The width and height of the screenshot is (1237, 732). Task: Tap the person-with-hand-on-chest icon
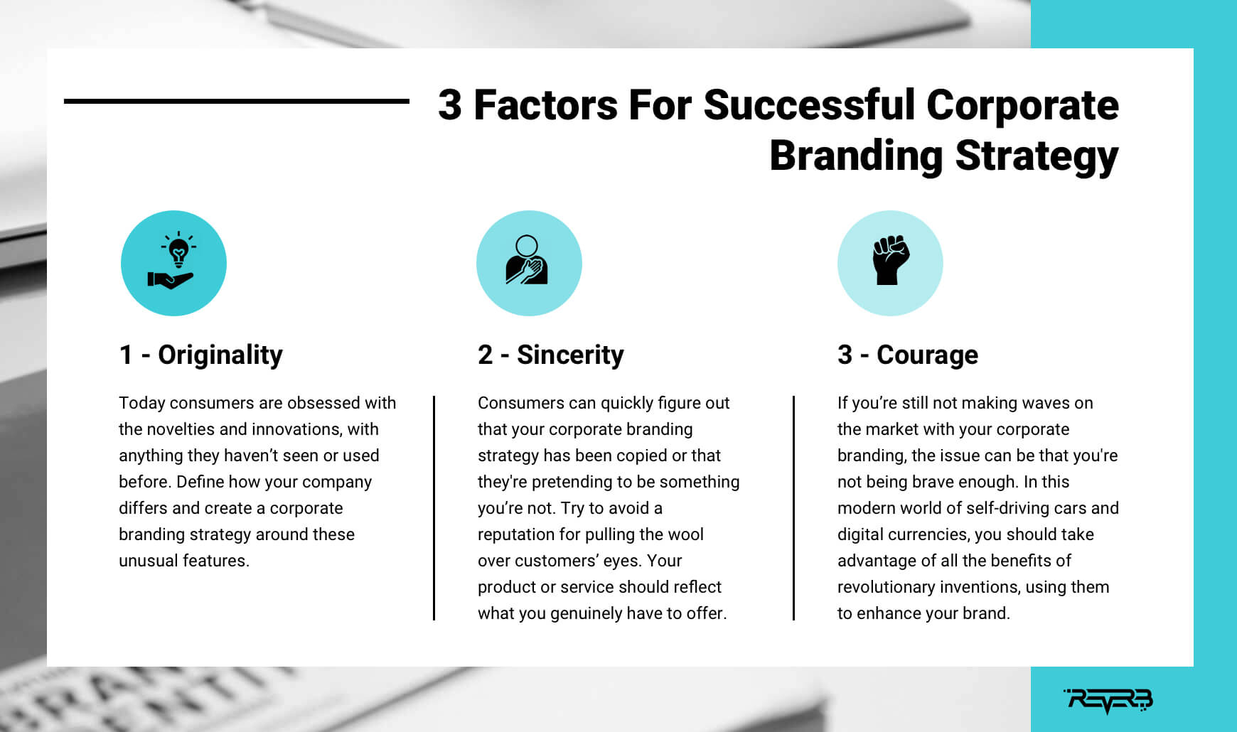click(x=527, y=260)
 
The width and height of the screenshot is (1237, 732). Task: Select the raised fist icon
click(x=891, y=260)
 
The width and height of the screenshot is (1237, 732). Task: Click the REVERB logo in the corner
click(x=1108, y=700)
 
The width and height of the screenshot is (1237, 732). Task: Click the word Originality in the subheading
click(x=220, y=355)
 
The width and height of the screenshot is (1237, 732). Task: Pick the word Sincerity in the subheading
click(x=570, y=355)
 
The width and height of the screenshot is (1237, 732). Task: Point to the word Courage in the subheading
click(x=927, y=355)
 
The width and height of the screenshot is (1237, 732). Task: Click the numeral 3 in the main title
click(x=449, y=104)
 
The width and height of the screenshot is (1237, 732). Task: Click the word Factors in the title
click(x=546, y=104)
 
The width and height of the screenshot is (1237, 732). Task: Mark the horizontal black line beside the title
click(x=237, y=102)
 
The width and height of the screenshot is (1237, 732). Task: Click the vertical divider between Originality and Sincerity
click(x=434, y=508)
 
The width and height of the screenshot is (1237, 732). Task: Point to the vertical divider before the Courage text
click(x=793, y=508)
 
